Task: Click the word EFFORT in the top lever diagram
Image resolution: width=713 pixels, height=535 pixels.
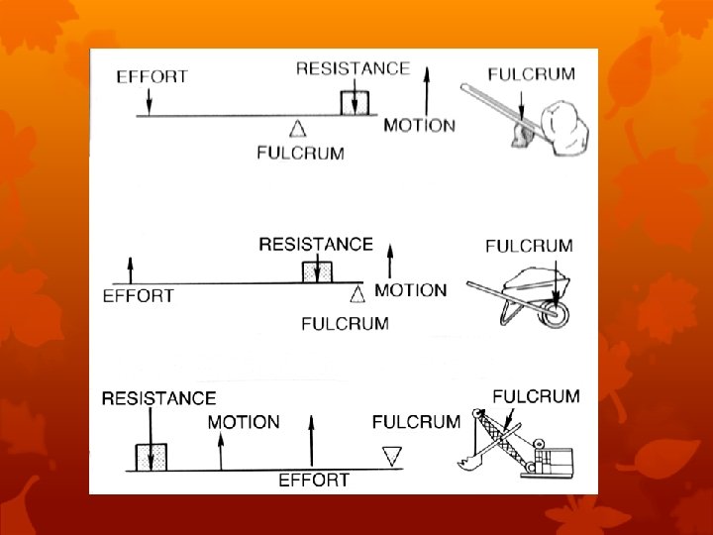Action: (x=152, y=76)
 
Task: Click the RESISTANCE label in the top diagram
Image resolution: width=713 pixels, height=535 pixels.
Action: (x=353, y=68)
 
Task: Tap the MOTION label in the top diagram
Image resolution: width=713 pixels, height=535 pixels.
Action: (x=419, y=126)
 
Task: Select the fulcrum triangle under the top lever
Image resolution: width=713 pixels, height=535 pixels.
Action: (x=296, y=127)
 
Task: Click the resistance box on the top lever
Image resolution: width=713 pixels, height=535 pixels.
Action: (x=355, y=104)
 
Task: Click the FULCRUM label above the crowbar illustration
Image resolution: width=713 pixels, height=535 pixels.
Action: (x=531, y=74)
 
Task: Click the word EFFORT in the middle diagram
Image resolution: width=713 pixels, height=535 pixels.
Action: (x=139, y=295)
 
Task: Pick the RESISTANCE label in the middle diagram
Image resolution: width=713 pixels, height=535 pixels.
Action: (x=316, y=244)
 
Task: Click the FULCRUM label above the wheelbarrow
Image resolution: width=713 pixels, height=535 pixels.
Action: (x=529, y=246)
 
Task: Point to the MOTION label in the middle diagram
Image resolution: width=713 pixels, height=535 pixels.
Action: (x=410, y=290)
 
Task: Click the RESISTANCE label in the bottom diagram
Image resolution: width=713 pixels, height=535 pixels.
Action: (x=158, y=398)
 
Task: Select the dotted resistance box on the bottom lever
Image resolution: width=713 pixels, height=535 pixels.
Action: (x=152, y=457)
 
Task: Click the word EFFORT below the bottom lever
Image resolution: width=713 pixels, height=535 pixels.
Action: (x=313, y=481)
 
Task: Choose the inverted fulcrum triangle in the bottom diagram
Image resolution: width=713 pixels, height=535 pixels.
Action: (x=392, y=455)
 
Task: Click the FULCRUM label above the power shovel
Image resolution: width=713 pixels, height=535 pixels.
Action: (x=536, y=396)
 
